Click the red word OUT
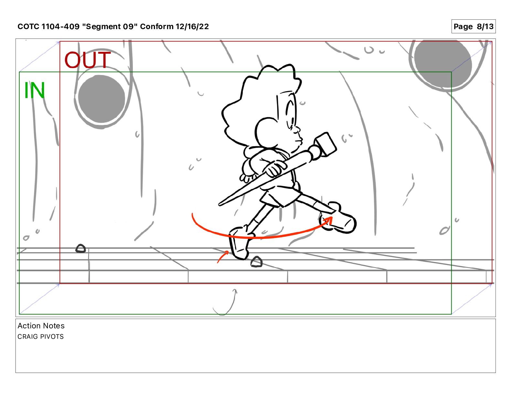[x=87, y=60]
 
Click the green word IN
[x=34, y=90]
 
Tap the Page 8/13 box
[x=473, y=27]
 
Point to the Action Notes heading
[x=41, y=326]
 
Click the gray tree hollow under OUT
[x=101, y=99]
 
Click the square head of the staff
[x=326, y=144]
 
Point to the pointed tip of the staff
[x=219, y=204]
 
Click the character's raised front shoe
[x=338, y=218]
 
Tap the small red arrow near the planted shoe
[x=222, y=257]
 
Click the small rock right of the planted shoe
[x=257, y=262]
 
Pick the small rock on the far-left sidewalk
[x=80, y=248]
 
